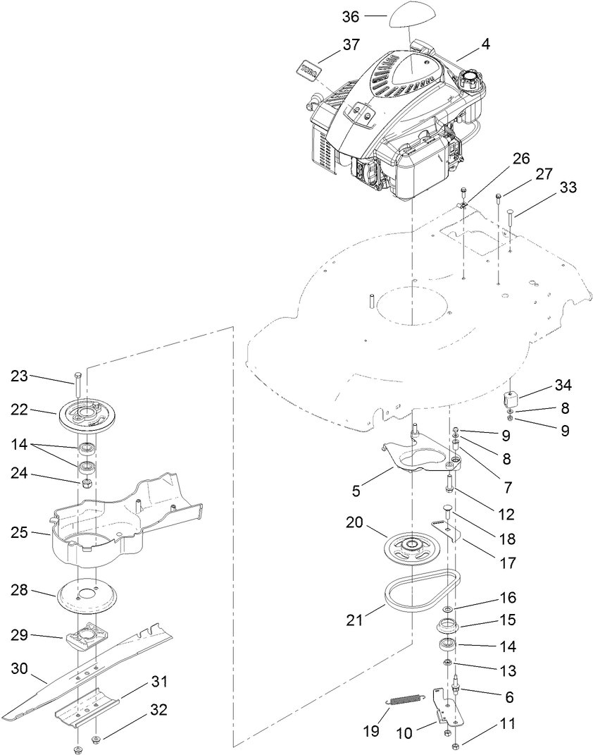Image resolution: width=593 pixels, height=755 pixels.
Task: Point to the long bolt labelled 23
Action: point(78,386)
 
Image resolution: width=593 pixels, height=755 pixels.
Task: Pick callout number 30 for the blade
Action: point(20,669)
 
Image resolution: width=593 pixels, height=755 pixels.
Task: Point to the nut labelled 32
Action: point(98,738)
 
